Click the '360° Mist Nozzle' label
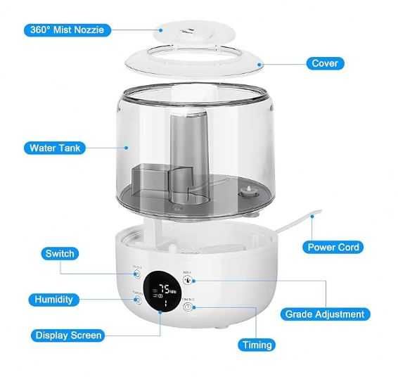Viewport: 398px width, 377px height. (68, 30)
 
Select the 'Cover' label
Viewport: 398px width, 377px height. (324, 63)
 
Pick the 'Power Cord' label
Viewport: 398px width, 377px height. (333, 247)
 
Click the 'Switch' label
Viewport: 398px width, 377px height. (59, 253)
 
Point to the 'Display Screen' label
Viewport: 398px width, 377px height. (69, 336)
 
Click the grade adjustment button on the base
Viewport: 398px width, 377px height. (188, 279)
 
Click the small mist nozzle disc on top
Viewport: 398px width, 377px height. (188, 30)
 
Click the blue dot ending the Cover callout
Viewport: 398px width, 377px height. (259, 63)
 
